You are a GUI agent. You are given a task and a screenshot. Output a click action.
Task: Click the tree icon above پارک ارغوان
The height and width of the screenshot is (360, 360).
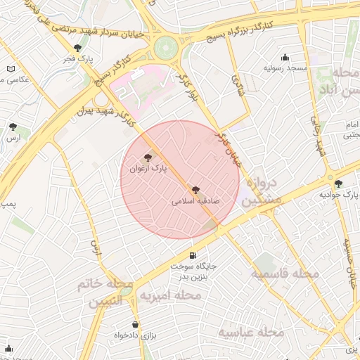(x=147, y=158)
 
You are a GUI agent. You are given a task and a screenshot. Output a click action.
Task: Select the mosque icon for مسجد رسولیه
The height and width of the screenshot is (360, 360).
(x=284, y=58)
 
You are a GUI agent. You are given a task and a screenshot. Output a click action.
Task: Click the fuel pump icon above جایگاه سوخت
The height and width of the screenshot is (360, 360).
(x=193, y=255)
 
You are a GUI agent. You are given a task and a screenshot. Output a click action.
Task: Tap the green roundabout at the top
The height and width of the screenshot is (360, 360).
(x=167, y=49)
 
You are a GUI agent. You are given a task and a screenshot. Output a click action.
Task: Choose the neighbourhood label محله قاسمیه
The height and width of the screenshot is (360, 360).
(x=286, y=273)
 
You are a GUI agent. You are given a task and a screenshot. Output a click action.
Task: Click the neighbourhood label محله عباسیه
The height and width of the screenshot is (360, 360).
(x=250, y=331)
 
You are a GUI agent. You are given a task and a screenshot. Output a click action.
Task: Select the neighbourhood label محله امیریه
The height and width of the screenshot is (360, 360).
(x=170, y=296)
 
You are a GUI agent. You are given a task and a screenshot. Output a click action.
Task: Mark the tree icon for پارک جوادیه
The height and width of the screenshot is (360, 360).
(x=338, y=184)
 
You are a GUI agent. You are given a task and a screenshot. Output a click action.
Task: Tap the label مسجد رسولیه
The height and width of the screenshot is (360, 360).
(x=285, y=68)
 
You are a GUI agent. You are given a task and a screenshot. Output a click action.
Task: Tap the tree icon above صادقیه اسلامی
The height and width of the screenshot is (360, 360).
(x=195, y=189)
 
